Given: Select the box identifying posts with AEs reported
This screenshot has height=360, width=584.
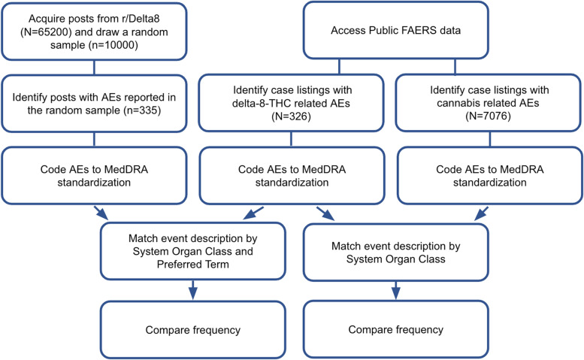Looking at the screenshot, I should [x=94, y=105].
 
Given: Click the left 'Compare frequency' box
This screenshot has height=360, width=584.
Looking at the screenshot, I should [x=195, y=329].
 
